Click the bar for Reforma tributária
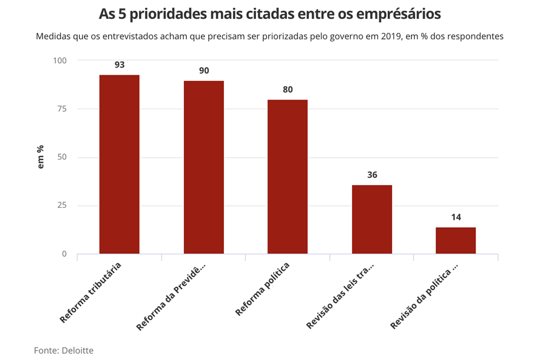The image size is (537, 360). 120,164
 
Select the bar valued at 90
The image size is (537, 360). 204,167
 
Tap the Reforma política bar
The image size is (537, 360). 288,176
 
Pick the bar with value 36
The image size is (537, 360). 372,219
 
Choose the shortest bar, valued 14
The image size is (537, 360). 456,240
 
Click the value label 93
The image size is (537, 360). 120,64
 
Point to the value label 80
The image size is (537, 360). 288,89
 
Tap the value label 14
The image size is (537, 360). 456,217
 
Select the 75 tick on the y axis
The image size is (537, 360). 62,109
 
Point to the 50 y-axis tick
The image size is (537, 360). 62,157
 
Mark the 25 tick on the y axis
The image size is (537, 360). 62,206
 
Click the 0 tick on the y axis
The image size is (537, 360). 64,254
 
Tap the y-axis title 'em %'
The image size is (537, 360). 41,157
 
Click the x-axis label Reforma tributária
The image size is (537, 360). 91,292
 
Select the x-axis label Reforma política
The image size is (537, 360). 262,289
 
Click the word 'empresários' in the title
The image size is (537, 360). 389,13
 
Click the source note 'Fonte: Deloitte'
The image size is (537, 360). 64,350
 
